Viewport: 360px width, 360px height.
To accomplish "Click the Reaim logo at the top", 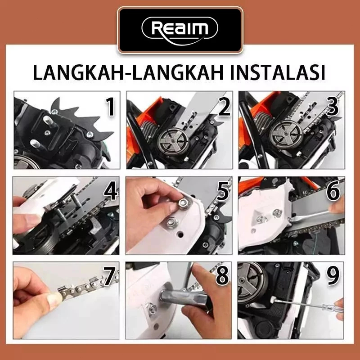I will point(180,29).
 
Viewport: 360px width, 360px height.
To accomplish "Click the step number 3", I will point(333,107).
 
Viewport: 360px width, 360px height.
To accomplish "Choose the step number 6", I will point(333,192).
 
